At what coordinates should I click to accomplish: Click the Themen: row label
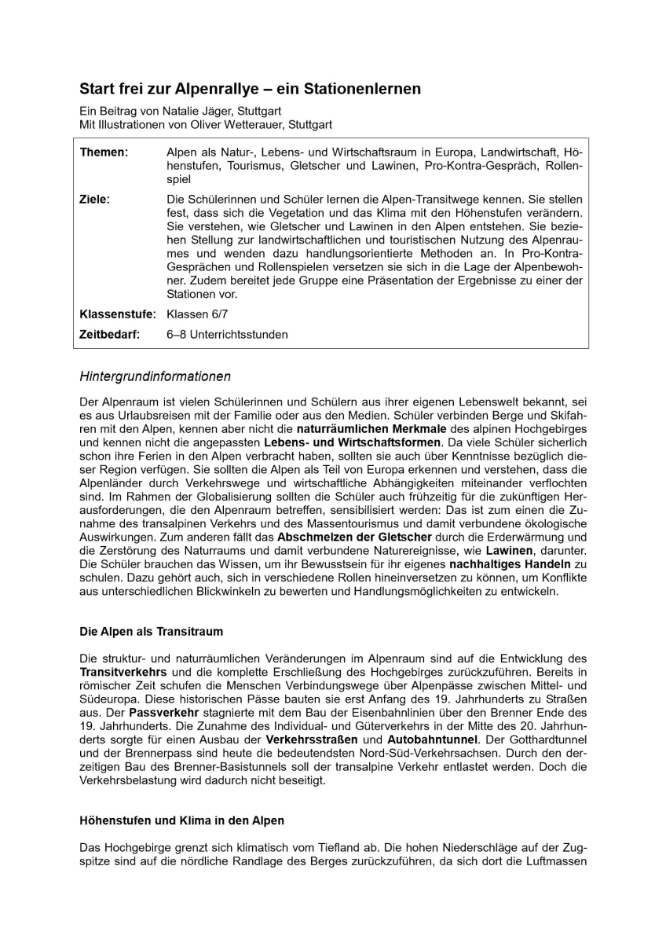104,152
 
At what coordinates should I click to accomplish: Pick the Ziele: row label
95,200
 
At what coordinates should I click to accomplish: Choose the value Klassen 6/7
197,314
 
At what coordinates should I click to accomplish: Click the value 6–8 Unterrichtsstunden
227,335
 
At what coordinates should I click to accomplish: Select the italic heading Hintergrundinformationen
156,377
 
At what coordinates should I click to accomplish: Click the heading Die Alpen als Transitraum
152,631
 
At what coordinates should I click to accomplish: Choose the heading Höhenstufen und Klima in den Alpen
182,820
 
